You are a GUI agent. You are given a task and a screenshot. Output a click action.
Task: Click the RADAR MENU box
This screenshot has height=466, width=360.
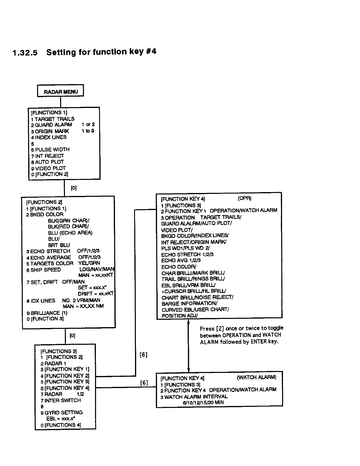pyautogui.click(x=61, y=91)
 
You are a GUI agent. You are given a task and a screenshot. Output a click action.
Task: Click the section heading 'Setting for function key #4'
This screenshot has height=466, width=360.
pyautogui.click(x=101, y=52)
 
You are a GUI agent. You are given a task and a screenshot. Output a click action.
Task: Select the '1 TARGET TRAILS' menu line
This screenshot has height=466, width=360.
pyautogui.click(x=53, y=119)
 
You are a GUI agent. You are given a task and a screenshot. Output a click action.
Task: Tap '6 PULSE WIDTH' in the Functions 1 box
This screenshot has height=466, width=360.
pyautogui.click(x=50, y=149)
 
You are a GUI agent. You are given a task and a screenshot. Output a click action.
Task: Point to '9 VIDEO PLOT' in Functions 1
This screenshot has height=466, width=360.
pyautogui.click(x=49, y=168)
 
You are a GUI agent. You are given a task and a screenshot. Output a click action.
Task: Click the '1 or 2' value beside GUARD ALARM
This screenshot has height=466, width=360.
pyautogui.click(x=88, y=125)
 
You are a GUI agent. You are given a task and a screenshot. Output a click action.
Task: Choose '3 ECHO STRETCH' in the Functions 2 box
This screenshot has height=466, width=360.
pyautogui.click(x=48, y=251)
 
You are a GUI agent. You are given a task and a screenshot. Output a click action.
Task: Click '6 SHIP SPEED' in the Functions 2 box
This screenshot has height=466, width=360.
pyautogui.click(x=44, y=270)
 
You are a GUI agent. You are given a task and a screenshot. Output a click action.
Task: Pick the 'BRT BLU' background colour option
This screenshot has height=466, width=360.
pyautogui.click(x=59, y=245)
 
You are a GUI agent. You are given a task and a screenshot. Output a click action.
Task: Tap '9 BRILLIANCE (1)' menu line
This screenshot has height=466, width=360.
pyautogui.click(x=47, y=313)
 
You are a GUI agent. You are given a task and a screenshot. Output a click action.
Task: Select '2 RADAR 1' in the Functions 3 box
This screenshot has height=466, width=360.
pyautogui.click(x=53, y=363)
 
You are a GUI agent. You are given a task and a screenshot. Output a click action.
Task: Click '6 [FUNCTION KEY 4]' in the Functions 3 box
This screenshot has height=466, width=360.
pyautogui.click(x=65, y=388)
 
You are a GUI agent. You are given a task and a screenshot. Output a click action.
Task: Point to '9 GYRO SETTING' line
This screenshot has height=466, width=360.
pyautogui.click(x=61, y=412)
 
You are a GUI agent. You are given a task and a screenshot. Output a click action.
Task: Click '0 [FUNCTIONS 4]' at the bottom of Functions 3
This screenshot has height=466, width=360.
pyautogui.click(x=61, y=425)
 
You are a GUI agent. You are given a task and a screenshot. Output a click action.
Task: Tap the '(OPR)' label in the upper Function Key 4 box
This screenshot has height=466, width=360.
pyautogui.click(x=244, y=198)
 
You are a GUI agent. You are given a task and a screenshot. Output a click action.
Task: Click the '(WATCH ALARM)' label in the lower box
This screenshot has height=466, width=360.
pyautogui.click(x=256, y=377)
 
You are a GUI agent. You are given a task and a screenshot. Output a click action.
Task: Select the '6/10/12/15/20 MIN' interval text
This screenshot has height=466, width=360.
pyautogui.click(x=203, y=402)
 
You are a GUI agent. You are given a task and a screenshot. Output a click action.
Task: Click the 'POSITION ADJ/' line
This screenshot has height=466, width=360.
pyautogui.click(x=180, y=316)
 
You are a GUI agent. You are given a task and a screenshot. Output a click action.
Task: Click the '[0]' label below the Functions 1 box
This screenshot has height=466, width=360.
pyautogui.click(x=74, y=188)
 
